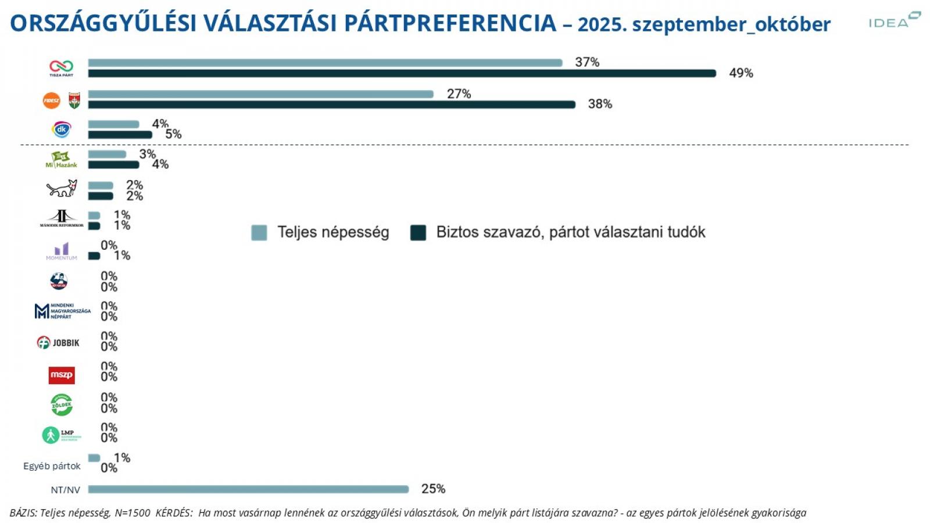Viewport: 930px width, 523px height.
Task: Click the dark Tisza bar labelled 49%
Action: coord(402,73)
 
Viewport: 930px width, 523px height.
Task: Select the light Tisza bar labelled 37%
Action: coord(325,63)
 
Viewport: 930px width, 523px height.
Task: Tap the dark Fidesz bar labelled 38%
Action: coord(331,105)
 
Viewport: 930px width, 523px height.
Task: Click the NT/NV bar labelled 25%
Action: coord(248,489)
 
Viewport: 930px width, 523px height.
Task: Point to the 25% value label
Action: coord(433,489)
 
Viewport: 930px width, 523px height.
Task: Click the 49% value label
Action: coord(741,73)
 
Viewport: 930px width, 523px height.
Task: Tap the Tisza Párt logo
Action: coord(61,68)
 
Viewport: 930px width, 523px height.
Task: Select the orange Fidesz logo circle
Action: coord(51,101)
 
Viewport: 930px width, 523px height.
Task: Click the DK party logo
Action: coord(61,130)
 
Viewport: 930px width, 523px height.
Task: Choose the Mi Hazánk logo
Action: coord(61,160)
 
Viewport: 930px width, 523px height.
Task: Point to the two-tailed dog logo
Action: coord(62,188)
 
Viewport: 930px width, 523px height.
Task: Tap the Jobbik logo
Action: coord(58,343)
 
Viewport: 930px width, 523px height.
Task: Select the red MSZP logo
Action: coord(62,375)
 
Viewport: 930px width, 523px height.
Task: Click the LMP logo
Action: coord(61,435)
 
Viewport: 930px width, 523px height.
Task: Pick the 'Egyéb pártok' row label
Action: coord(52,466)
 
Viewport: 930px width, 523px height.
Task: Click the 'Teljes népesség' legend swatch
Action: coord(259,232)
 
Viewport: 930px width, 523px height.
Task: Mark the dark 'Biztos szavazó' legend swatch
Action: coord(418,232)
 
